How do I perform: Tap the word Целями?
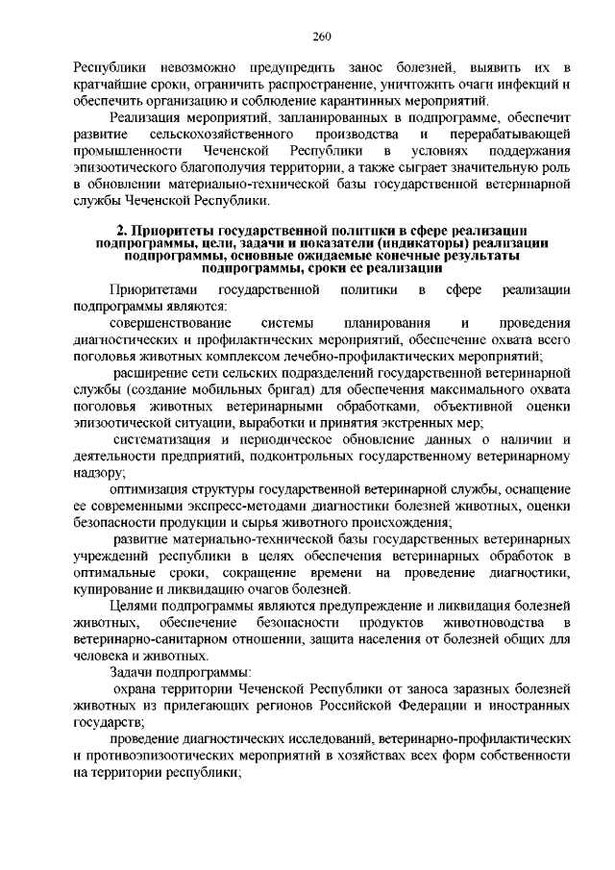(135, 607)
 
